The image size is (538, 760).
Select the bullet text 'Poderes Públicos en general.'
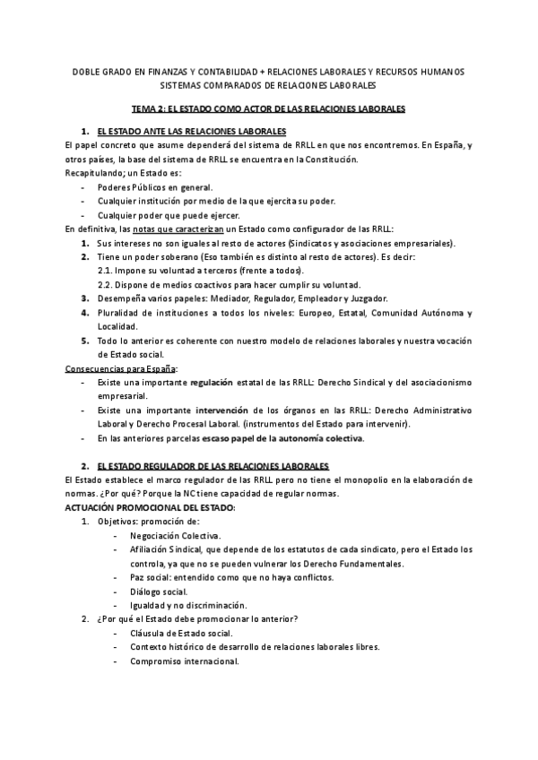point(155,190)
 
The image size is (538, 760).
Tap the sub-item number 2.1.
point(104,271)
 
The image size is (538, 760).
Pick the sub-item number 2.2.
point(104,284)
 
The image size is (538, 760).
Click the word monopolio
point(377,480)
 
